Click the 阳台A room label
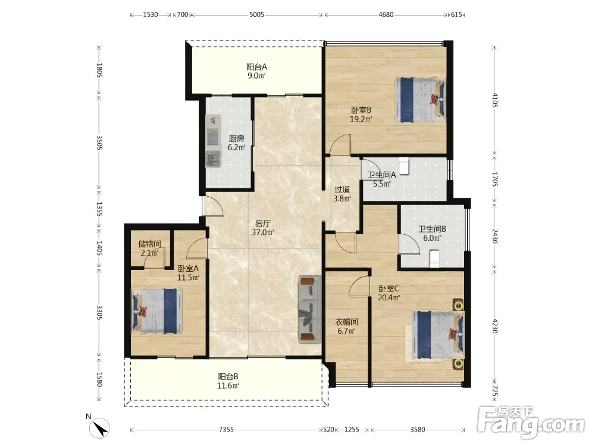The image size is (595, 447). [x=256, y=67]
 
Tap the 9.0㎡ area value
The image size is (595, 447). [x=256, y=76]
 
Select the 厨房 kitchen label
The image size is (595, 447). [x=236, y=139]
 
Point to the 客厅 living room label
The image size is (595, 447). [x=262, y=223]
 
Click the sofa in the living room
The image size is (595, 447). [x=310, y=309]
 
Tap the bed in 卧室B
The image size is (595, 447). [x=421, y=100]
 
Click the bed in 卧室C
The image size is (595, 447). [x=439, y=335]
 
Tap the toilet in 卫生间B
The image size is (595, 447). [x=434, y=259]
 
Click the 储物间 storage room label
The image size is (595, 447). [x=149, y=244]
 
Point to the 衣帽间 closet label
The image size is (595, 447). [x=346, y=322]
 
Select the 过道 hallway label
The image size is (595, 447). [x=342, y=190]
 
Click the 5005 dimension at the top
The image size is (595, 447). [x=256, y=14]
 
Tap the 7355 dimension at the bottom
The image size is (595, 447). [x=226, y=430]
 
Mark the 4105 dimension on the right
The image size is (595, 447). [x=494, y=100]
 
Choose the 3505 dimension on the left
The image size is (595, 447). [x=99, y=142]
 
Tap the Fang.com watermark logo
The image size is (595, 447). [x=531, y=422]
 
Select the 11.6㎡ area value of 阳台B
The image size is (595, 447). [x=228, y=386]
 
